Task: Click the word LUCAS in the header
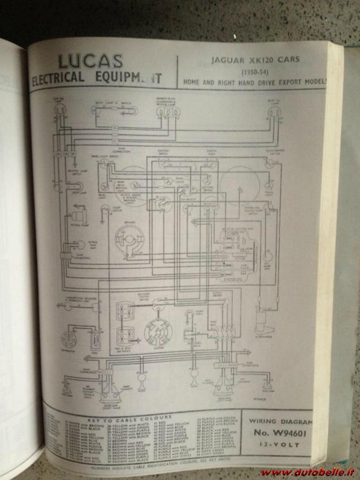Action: click(x=90, y=60)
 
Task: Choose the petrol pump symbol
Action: click(x=77, y=217)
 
